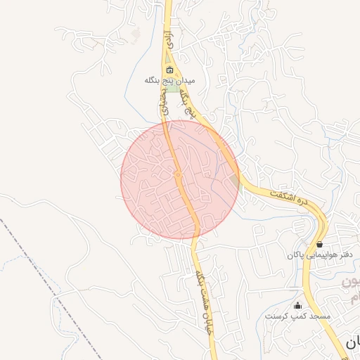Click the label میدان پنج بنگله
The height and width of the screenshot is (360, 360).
(169, 81)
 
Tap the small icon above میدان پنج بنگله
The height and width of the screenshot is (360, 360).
(169, 70)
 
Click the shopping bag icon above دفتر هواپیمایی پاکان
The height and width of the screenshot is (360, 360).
(320, 243)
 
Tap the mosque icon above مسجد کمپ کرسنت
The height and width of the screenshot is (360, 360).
(297, 305)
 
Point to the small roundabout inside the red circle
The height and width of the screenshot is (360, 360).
(179, 174)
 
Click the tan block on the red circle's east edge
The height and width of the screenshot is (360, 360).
(234, 182)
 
